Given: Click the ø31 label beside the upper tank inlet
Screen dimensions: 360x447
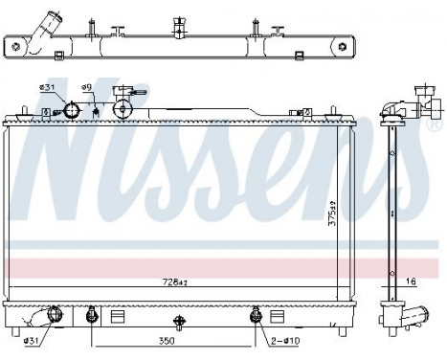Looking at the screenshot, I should pos(45,89).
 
